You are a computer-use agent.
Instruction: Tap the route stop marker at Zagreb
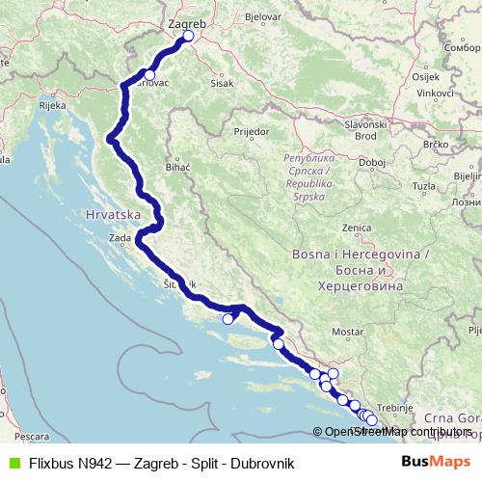(188, 37)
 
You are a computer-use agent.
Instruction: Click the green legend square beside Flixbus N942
(13, 463)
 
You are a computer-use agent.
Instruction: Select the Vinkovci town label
(434, 93)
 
